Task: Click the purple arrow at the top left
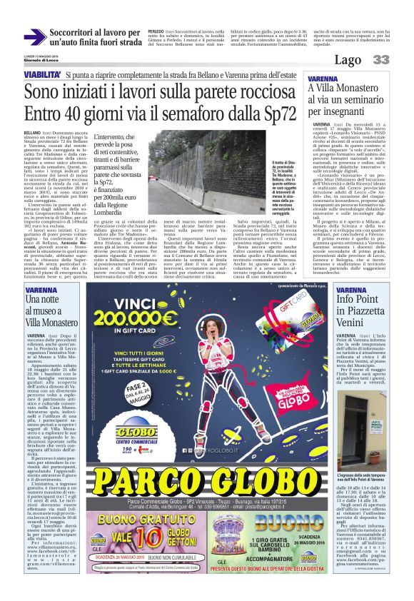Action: pos(34,36)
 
